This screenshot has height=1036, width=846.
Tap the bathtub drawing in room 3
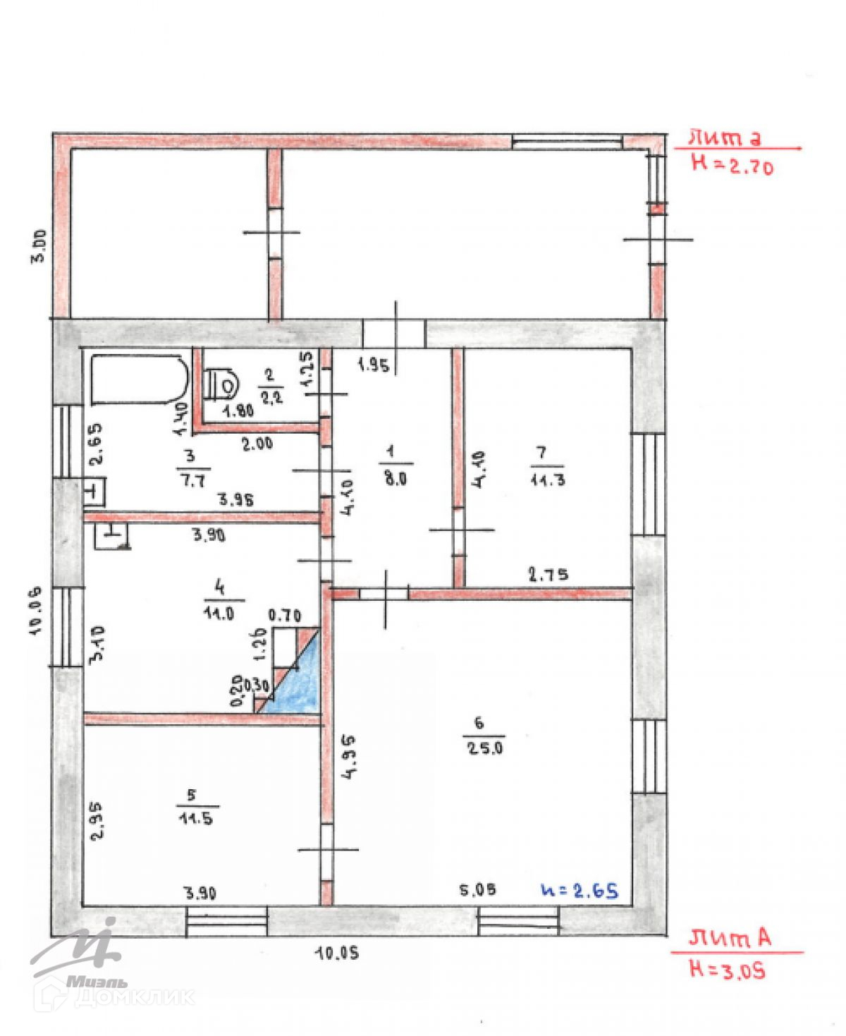tap(139, 380)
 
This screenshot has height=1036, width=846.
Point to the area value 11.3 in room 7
tap(548, 481)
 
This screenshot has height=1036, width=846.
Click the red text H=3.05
tap(727, 971)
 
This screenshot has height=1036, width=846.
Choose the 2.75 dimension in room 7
tap(548, 574)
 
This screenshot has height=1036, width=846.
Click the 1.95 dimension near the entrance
tap(373, 365)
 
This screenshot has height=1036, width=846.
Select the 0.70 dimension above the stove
tap(285, 615)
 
